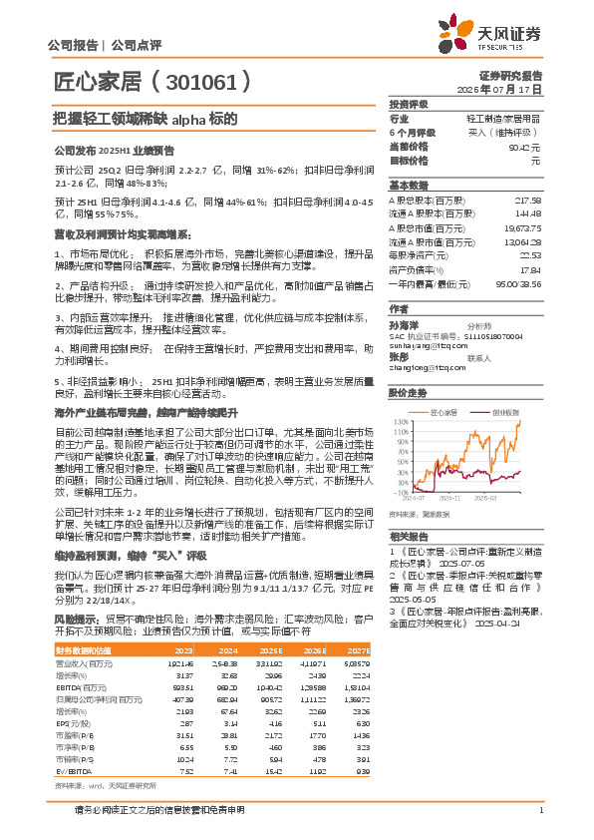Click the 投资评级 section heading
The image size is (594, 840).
pyautogui.click(x=409, y=104)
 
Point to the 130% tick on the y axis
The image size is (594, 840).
pyautogui.click(x=401, y=421)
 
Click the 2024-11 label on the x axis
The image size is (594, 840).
pyautogui.click(x=450, y=496)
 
